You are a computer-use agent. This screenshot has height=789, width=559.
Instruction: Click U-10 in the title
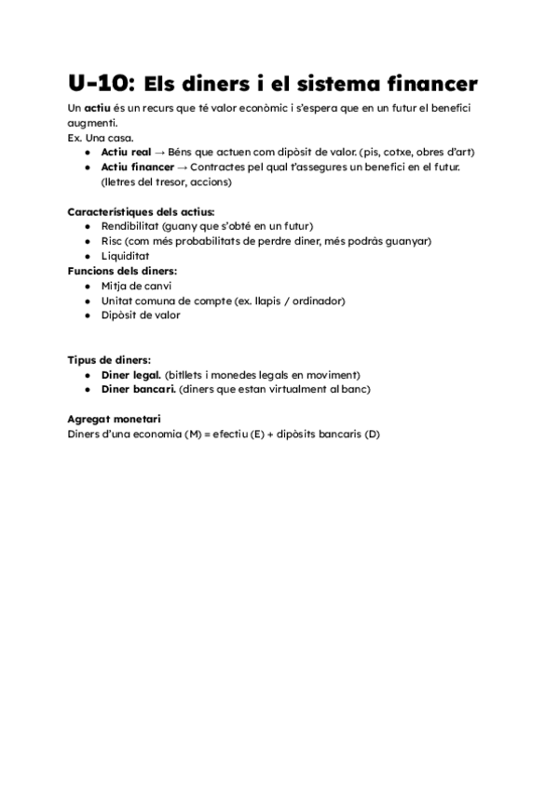point(102,83)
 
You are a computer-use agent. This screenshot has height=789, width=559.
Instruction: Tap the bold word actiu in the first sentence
point(99,109)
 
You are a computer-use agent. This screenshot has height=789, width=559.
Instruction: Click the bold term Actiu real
point(126,152)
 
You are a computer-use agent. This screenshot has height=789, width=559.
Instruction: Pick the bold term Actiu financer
point(138,167)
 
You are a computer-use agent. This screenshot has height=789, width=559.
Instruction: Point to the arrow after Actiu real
point(160,152)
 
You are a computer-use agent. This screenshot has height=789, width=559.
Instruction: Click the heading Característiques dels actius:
point(141,211)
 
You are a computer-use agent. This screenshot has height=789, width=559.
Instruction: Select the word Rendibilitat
point(130,226)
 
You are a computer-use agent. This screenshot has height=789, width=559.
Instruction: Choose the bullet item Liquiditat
point(125,256)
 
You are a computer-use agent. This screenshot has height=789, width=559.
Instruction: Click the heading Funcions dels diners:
point(121,271)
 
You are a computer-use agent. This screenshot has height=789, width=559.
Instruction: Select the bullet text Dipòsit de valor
point(141,315)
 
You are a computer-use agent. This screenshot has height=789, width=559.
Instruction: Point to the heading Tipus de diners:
point(109,359)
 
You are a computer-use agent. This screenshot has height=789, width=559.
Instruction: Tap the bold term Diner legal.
point(130,374)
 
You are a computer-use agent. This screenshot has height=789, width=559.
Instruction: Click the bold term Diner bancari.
point(137,389)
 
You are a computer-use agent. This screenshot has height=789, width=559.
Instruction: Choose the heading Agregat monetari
point(114,419)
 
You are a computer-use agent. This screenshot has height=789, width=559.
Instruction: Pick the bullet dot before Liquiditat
point(87,256)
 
